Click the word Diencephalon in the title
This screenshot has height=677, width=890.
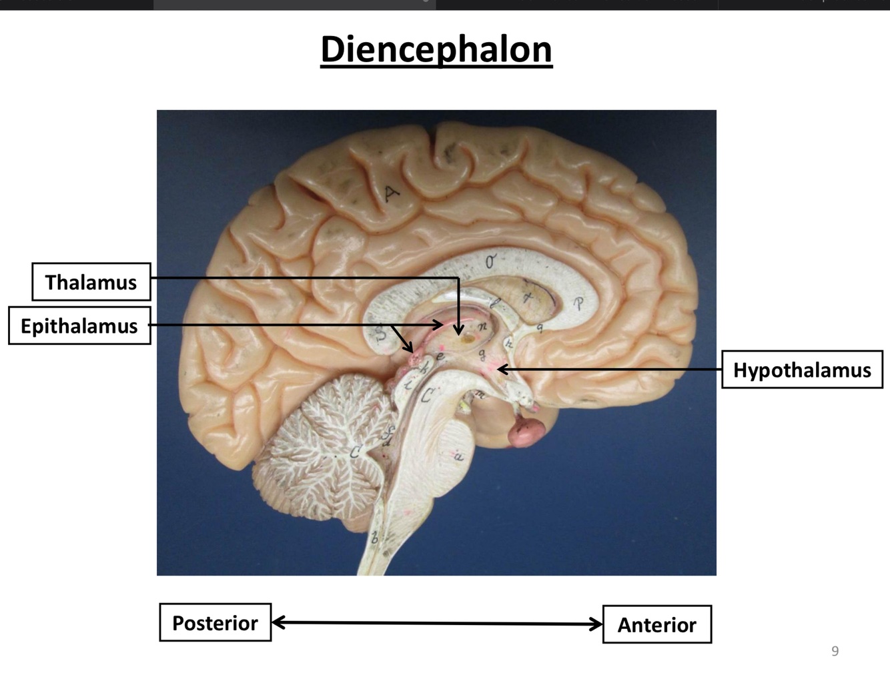[436, 49]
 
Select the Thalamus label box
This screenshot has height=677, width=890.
[91, 282]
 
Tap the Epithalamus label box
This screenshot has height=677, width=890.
[79, 326]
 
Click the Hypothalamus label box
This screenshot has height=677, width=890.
[802, 370]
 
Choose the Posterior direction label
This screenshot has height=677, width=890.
[215, 623]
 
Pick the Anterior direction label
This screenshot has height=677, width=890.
[656, 625]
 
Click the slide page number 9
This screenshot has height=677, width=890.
[835, 651]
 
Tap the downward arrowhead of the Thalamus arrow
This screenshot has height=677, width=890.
[458, 329]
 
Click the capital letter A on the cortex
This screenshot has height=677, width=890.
[391, 194]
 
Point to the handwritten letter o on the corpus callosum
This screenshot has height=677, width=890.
[490, 262]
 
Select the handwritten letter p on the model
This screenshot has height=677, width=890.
[579, 304]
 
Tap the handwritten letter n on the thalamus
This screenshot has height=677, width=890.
[483, 326]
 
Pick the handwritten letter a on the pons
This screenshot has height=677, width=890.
[458, 457]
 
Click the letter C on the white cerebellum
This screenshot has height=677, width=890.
[356, 453]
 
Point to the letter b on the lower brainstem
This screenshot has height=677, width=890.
[375, 538]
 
